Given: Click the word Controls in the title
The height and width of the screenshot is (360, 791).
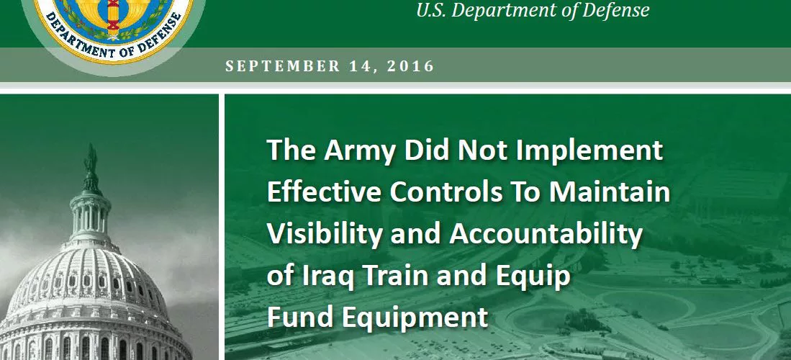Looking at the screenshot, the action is (446, 192).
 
